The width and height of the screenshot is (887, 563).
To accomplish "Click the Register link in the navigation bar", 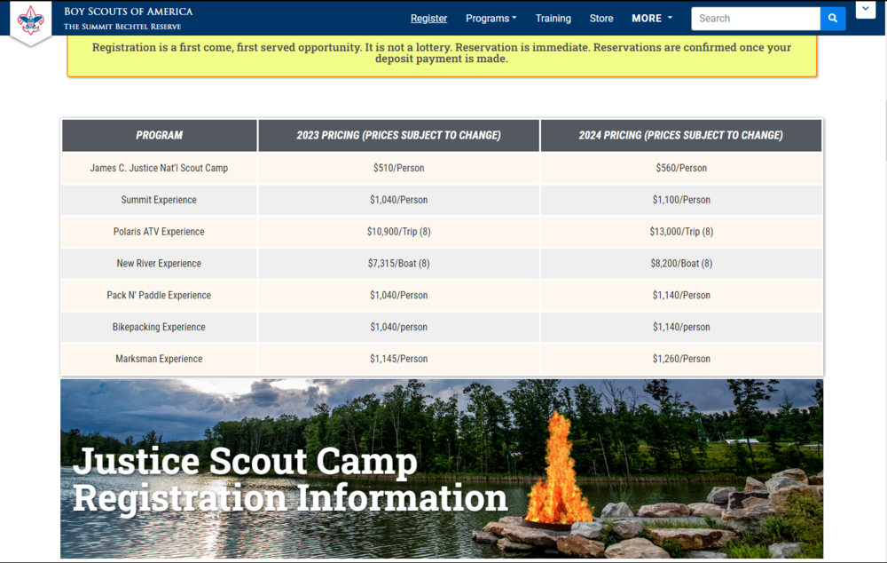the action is [x=428, y=19].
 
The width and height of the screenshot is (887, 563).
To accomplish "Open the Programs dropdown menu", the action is [x=491, y=19].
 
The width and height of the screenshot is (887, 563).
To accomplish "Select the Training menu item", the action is [x=553, y=19].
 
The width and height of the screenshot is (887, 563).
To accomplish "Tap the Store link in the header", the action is [x=601, y=19].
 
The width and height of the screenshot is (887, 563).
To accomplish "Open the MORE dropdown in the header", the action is [x=652, y=19].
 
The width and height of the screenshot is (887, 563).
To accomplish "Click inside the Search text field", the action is [x=756, y=19].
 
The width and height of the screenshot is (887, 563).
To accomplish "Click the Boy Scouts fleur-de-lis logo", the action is [x=30, y=20].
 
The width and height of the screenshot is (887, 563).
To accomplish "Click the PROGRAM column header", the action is [x=159, y=135].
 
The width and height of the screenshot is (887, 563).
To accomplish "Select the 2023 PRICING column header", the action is [x=399, y=135].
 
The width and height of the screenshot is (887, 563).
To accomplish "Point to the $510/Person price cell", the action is [x=399, y=168].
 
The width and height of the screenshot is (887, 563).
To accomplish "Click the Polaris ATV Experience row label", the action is [x=159, y=232].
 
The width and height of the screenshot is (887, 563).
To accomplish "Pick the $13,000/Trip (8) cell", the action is [x=681, y=232].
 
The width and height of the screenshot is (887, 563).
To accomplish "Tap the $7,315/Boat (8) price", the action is [x=399, y=264].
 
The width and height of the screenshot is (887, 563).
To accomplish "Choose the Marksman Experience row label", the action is [x=159, y=359].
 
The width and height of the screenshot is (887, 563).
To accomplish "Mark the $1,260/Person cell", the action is [x=681, y=359].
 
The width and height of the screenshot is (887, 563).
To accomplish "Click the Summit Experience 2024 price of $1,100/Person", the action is [x=681, y=200].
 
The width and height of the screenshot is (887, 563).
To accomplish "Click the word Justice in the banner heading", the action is [x=137, y=462].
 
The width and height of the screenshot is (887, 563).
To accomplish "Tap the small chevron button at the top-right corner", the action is [x=866, y=10].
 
